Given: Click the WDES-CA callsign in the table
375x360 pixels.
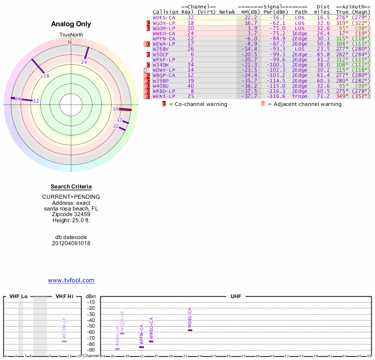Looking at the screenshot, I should click(164, 17).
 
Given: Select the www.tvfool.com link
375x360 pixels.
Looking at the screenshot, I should click(71, 280).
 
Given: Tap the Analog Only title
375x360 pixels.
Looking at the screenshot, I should click(71, 24).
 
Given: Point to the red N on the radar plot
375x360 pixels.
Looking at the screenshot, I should click(70, 43).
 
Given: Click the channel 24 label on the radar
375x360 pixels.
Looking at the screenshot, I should click(84, 62).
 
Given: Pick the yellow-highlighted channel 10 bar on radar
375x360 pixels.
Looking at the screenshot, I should click(125, 110).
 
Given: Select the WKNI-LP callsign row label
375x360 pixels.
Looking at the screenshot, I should click(164, 96).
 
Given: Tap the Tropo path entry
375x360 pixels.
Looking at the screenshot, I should click(300, 96).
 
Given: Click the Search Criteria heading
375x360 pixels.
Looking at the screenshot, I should click(71, 187).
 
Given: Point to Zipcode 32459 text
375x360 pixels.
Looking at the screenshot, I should click(71, 214).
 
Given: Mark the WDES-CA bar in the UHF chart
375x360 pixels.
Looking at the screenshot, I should click(190, 330).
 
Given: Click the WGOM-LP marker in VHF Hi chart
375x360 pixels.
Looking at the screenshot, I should click(64, 341).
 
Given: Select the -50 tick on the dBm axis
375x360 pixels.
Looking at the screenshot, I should click(91, 326).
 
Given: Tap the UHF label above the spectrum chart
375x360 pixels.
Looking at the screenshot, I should click(235, 297).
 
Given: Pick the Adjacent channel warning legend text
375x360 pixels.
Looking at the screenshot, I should click(304, 104).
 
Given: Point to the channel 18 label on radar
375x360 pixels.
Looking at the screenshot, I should click(46, 76).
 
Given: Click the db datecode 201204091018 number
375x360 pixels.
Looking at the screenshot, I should click(71, 243).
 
